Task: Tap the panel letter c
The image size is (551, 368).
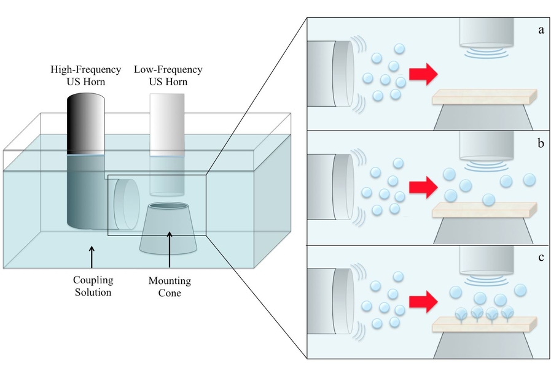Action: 541,256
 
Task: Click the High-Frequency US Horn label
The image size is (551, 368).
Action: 85,75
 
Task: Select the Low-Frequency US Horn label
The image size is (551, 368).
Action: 168,75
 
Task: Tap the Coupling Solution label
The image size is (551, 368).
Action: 93,286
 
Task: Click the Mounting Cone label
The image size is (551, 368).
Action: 170,286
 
